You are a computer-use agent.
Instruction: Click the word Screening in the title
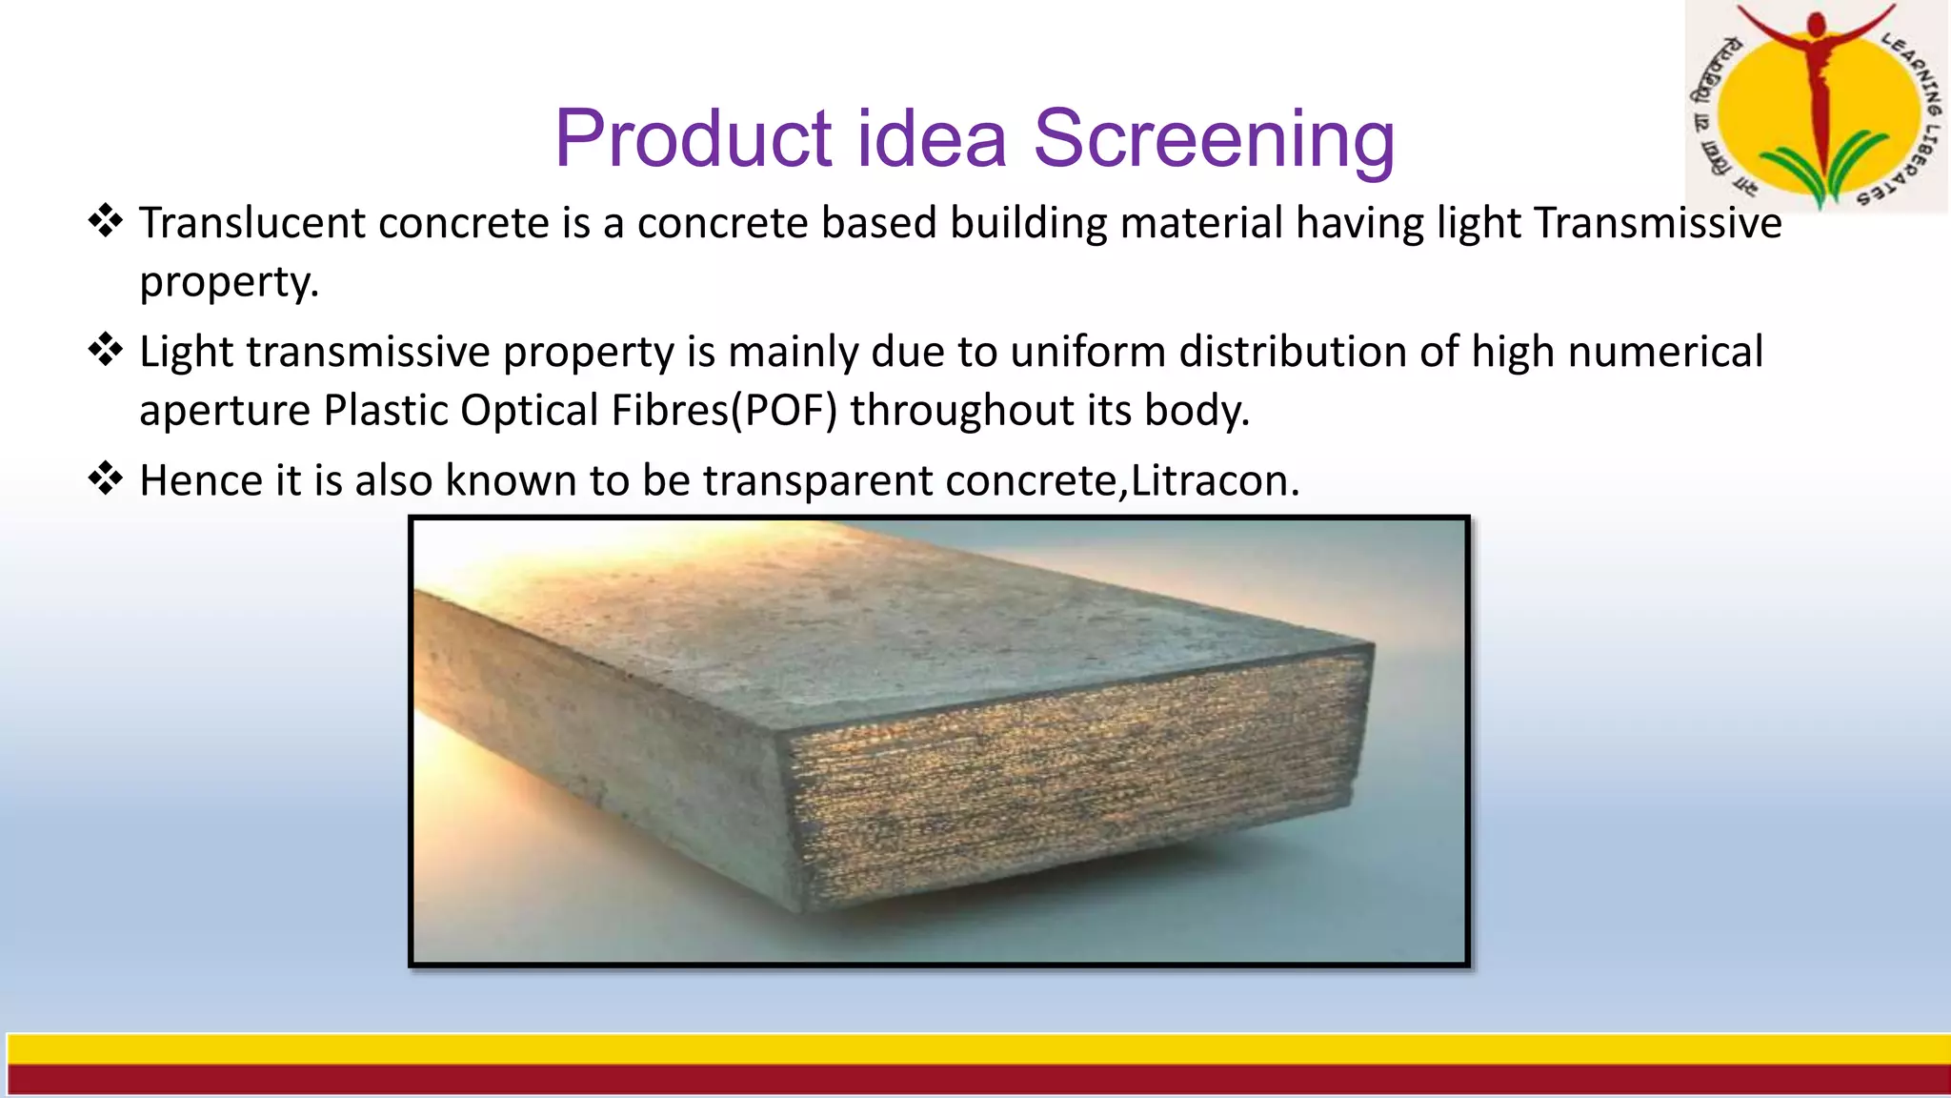click(1214, 139)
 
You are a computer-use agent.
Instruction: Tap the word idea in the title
click(932, 139)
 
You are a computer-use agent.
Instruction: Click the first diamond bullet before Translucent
click(106, 221)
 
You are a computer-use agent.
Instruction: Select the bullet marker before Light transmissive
click(106, 350)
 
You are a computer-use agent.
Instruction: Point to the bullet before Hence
click(106, 478)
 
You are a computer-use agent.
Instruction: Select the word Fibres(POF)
click(724, 411)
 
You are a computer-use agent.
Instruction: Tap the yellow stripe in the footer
click(975, 1049)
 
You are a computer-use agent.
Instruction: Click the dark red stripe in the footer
click(975, 1080)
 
